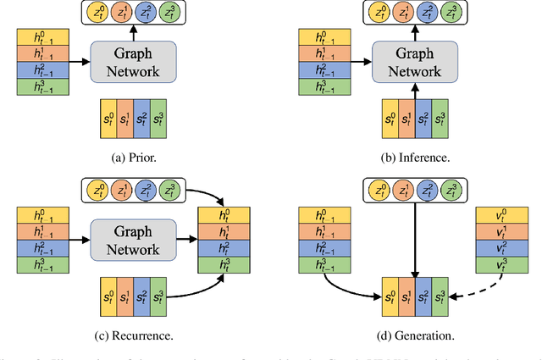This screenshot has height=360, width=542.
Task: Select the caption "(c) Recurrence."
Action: [133, 335]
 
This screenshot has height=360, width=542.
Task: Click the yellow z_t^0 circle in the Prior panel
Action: [100, 13]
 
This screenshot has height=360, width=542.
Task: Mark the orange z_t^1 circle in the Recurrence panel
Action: [124, 191]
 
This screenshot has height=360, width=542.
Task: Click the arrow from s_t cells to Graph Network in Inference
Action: [414, 91]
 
